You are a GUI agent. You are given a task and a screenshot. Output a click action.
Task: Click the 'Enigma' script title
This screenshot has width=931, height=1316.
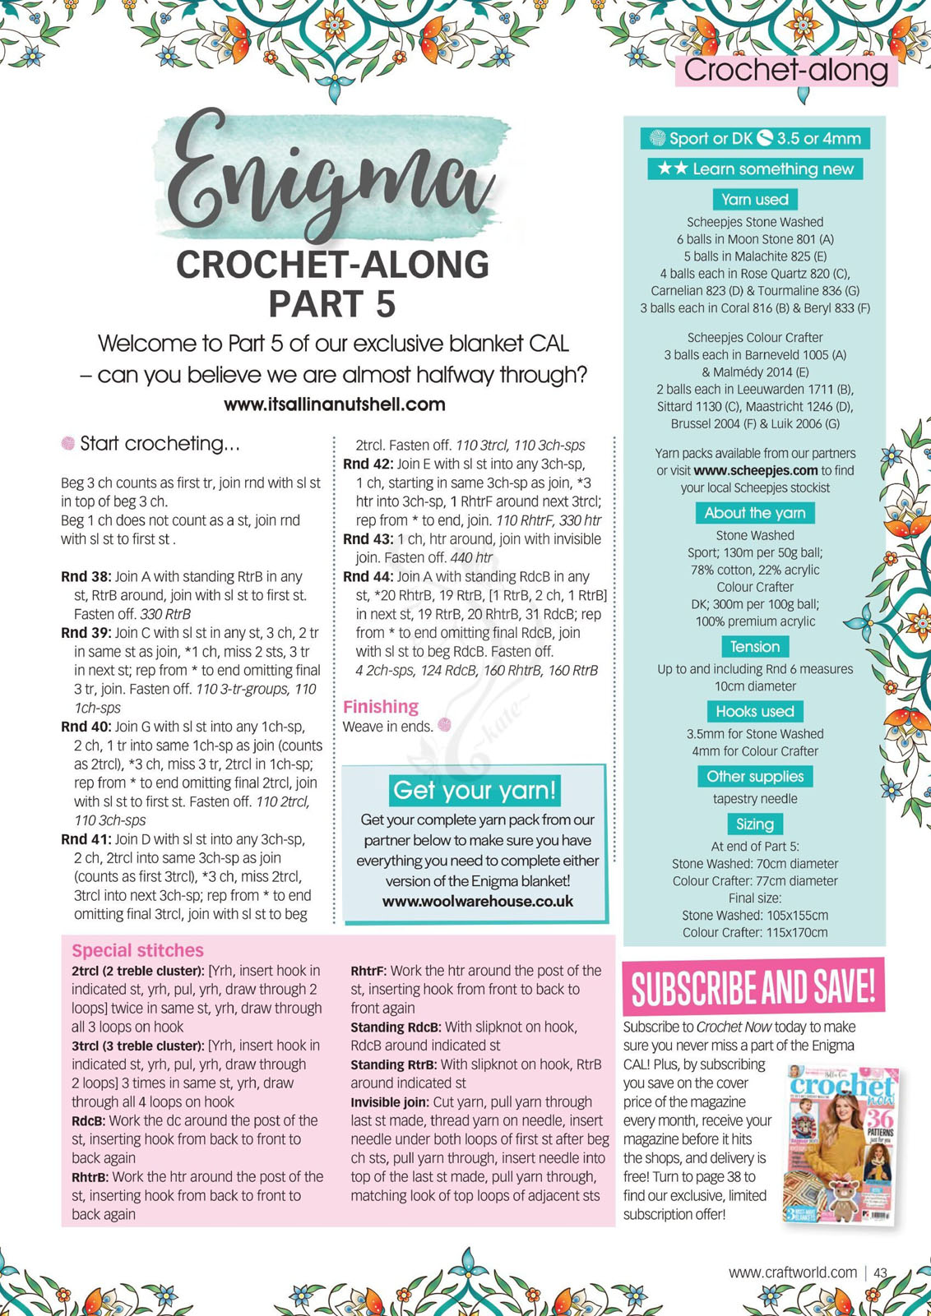coord(333,177)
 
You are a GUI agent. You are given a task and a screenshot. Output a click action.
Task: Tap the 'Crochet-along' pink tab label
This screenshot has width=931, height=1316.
coord(785,71)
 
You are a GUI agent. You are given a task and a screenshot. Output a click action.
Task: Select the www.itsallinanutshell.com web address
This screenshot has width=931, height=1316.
coord(334,404)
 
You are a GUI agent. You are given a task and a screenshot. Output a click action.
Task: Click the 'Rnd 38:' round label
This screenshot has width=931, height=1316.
coord(86,577)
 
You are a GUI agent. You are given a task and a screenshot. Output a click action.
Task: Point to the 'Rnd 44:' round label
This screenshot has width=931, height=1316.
coord(368,577)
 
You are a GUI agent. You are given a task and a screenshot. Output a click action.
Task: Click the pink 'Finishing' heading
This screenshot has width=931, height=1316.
coord(380,707)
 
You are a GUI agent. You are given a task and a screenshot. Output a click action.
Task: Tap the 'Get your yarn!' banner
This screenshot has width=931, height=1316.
coord(475,791)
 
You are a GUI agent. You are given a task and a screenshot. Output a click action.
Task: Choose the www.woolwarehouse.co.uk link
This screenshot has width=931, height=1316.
coord(478,902)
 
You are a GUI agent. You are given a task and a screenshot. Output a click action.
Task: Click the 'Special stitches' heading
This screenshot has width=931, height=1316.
coord(137,951)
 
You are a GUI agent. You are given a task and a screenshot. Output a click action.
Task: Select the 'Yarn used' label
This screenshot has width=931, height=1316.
coord(754,200)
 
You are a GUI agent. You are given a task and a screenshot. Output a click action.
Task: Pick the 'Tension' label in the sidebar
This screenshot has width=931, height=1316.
coord(754,647)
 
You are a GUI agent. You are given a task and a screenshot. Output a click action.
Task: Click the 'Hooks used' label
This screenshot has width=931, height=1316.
coord(754,712)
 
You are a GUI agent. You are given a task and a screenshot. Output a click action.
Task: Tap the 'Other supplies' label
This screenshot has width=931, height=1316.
coord(754,777)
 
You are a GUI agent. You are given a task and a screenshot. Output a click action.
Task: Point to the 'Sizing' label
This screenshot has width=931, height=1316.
coord(754,824)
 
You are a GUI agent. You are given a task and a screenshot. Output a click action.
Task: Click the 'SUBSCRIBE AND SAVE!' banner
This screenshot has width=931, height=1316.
coord(753,986)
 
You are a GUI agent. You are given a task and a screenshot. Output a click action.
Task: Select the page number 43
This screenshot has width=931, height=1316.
coord(880,1272)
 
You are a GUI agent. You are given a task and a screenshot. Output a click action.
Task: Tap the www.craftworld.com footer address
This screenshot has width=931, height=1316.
coord(792,1272)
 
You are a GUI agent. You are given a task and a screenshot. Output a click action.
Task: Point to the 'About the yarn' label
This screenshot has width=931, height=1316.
coord(754,513)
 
